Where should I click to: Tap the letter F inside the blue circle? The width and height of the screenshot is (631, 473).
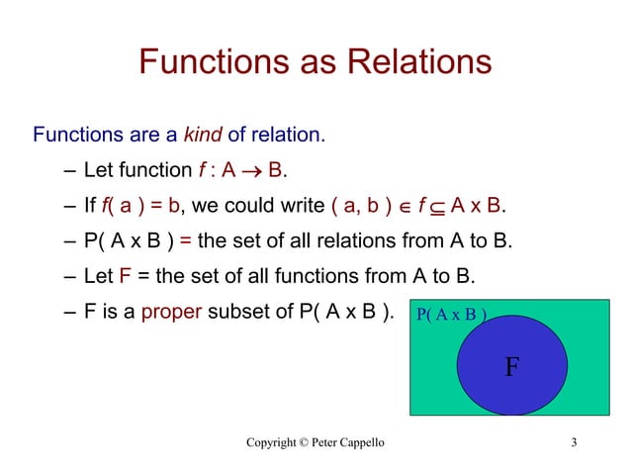510,368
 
